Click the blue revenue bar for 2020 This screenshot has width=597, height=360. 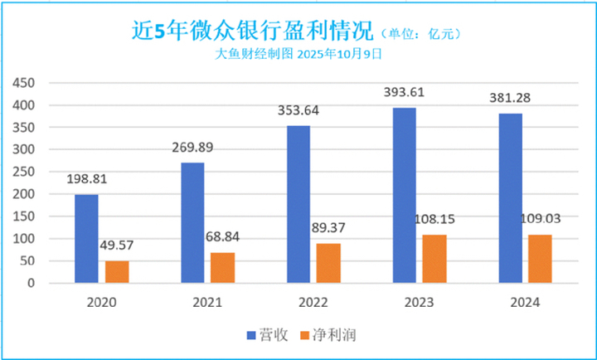pyautogui.click(x=86, y=239)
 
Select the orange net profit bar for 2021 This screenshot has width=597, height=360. pyautogui.click(x=222, y=267)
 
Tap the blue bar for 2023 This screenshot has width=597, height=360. pyautogui.click(x=405, y=196)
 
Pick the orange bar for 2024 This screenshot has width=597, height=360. pyautogui.click(x=540, y=259)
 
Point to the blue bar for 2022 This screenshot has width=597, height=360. pyautogui.click(x=298, y=204)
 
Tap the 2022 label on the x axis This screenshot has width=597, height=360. pyautogui.click(x=312, y=304)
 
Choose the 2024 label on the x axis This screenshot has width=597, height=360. pyautogui.click(x=524, y=304)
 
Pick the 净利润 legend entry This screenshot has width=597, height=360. pyautogui.click(x=332, y=334)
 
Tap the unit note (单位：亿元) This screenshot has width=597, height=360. pyautogui.click(x=419, y=34)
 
